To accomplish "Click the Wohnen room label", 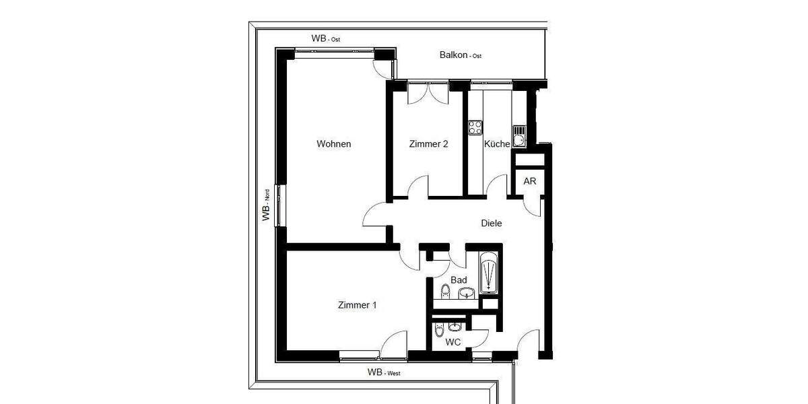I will pos(334,144).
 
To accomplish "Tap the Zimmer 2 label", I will pos(428,144).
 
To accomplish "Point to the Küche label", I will pos(497,144).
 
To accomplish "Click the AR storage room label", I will pos(530,182).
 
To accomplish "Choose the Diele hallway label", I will pos(492,224).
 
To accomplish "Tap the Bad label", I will pos(459,279).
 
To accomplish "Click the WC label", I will pos(453,342).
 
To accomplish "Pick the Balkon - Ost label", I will pos(461,56).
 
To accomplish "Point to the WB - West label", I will pos(384,372).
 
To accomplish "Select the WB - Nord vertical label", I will pos(266,205).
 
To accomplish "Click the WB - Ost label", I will pos(325,39).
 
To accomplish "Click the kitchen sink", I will pos(519,137).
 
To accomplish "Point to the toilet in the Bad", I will pos(445,292).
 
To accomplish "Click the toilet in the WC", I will pos(439,331).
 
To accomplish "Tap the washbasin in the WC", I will pos(457,327).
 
